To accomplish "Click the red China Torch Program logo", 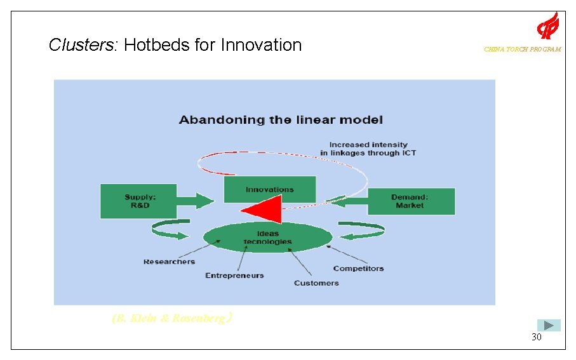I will coord(547,26).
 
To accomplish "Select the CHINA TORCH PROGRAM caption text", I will coord(522,50).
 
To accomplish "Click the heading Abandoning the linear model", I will coord(281,119).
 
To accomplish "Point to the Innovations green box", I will coord(270,189).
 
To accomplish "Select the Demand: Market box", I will coord(411,201).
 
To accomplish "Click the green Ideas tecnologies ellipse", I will coord(268,238).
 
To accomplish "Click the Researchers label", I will coord(169,262).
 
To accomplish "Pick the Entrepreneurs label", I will coord(234,276).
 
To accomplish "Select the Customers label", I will coord(316,283).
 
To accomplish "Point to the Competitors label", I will coord(359,269).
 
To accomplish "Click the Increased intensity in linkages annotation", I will coord(368,149).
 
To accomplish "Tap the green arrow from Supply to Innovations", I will coord(196,201).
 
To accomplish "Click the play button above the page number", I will coord(549,325).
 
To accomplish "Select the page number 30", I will coord(537,337).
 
